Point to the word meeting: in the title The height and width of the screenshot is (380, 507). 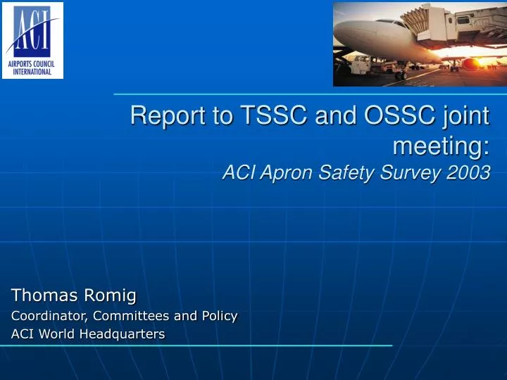coord(441,146)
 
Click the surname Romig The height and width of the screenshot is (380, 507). coord(111,295)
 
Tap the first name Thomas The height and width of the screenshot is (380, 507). coord(43,295)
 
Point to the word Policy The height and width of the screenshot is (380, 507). coord(219,316)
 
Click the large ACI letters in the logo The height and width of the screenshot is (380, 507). coord(34,30)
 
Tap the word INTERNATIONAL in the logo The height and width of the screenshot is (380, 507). coord(32,72)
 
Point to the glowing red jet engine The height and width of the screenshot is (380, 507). coord(470,65)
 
